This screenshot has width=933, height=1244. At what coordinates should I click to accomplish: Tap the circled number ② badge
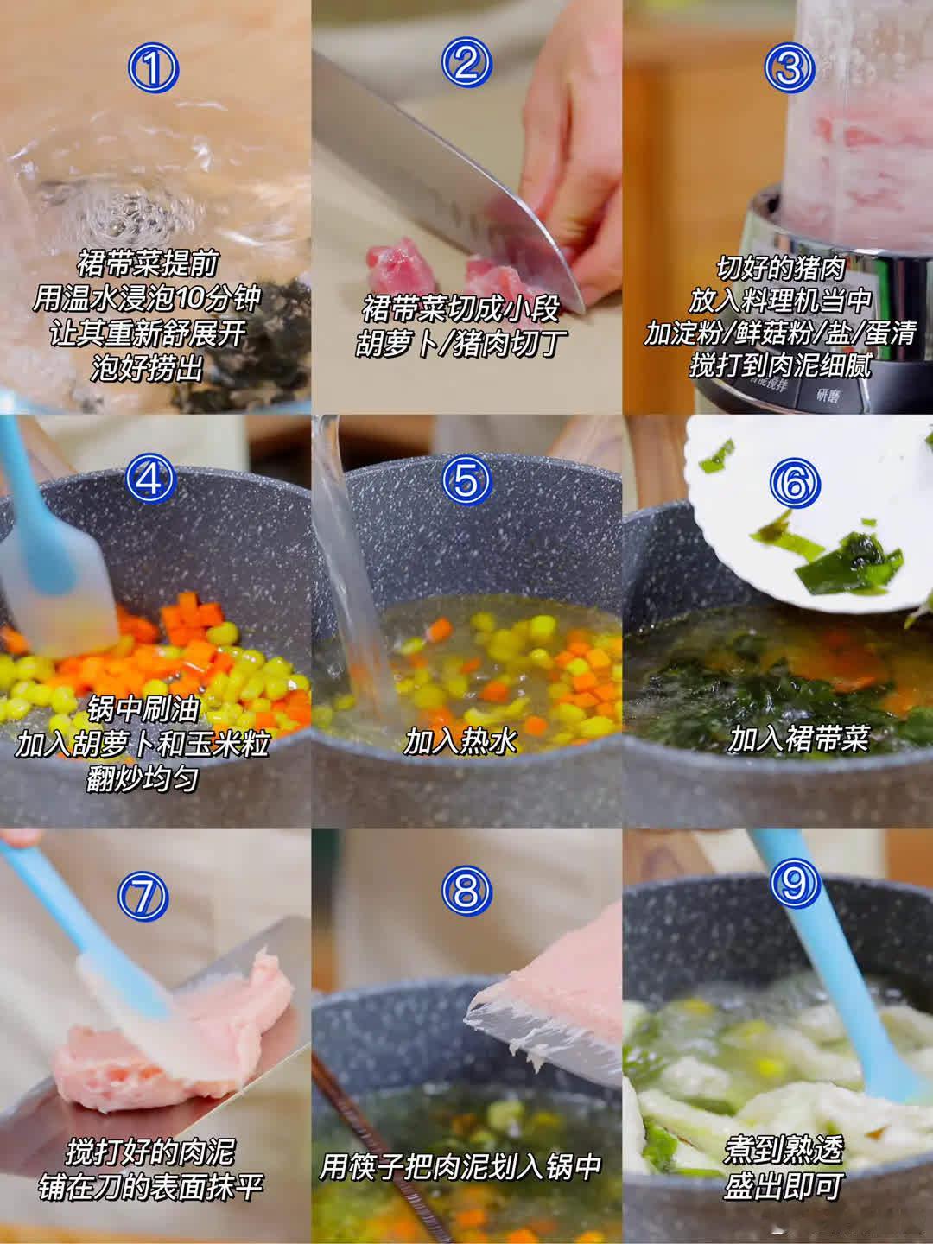466,63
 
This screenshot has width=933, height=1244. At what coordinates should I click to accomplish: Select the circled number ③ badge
790,67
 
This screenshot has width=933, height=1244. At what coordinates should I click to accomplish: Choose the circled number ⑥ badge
795,484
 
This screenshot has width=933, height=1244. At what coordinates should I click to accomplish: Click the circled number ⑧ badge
466,891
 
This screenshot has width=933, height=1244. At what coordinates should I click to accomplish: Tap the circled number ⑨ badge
795,887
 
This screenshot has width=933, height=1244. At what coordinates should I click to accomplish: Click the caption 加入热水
460,740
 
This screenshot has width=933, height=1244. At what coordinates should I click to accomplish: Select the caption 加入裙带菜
797,739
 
